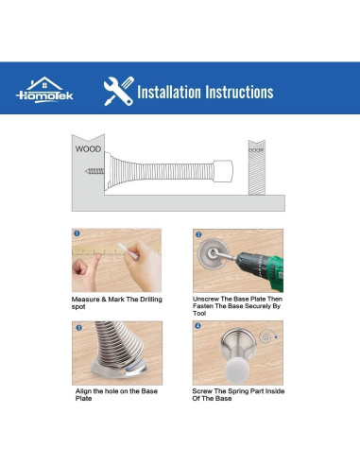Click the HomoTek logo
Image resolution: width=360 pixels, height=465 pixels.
[x=44, y=90]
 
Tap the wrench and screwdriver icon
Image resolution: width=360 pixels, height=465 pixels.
[x=119, y=92]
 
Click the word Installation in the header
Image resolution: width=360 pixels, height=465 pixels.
[x=169, y=92]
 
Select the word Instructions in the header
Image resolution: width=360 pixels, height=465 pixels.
[x=239, y=92]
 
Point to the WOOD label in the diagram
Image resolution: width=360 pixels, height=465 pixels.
[x=88, y=149]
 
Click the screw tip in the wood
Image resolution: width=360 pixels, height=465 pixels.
[x=86, y=171]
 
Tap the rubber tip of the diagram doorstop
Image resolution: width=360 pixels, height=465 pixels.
[x=223, y=171]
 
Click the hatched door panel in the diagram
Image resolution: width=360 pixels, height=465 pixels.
[x=256, y=167]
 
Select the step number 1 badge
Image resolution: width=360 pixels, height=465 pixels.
[x=77, y=233]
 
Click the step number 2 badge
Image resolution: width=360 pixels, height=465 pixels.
[x=198, y=234]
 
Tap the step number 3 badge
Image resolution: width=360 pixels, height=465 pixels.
[x=79, y=328]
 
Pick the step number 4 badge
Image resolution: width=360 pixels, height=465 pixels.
[x=197, y=326]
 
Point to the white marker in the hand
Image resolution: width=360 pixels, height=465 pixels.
[x=128, y=250]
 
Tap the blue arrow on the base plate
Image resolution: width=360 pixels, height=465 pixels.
[x=133, y=369]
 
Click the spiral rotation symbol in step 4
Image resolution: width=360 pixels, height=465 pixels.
[x=266, y=337]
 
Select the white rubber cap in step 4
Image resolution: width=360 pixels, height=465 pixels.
[x=237, y=371]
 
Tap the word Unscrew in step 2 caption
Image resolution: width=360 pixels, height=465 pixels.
[x=206, y=299]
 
